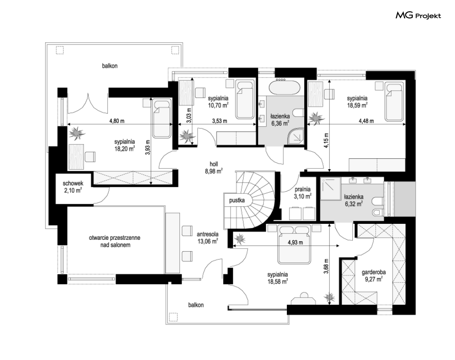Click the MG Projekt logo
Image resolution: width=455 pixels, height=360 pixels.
(x=418, y=16)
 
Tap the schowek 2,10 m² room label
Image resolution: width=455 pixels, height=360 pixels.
(x=73, y=187)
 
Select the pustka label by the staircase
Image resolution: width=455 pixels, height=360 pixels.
(x=237, y=200)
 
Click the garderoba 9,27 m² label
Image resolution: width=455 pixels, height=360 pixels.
(x=374, y=276)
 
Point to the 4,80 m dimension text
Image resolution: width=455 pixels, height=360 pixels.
(x=117, y=121)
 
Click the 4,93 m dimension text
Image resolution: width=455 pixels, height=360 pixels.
(x=296, y=242)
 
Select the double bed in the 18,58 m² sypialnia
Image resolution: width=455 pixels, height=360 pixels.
(x=294, y=244)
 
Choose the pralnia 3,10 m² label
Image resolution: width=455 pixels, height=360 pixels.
(x=302, y=193)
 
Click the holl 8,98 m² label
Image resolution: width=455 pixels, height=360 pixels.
(x=214, y=168)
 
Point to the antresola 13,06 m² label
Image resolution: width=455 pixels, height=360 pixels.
(x=208, y=237)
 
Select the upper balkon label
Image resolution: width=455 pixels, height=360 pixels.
(x=110, y=66)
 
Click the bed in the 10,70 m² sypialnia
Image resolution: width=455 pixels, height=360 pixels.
(x=245, y=100)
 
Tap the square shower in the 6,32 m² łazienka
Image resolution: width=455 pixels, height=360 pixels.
(x=331, y=189)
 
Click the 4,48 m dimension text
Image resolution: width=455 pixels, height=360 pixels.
(x=366, y=121)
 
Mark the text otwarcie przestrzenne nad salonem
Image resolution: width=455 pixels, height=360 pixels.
(x=114, y=241)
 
